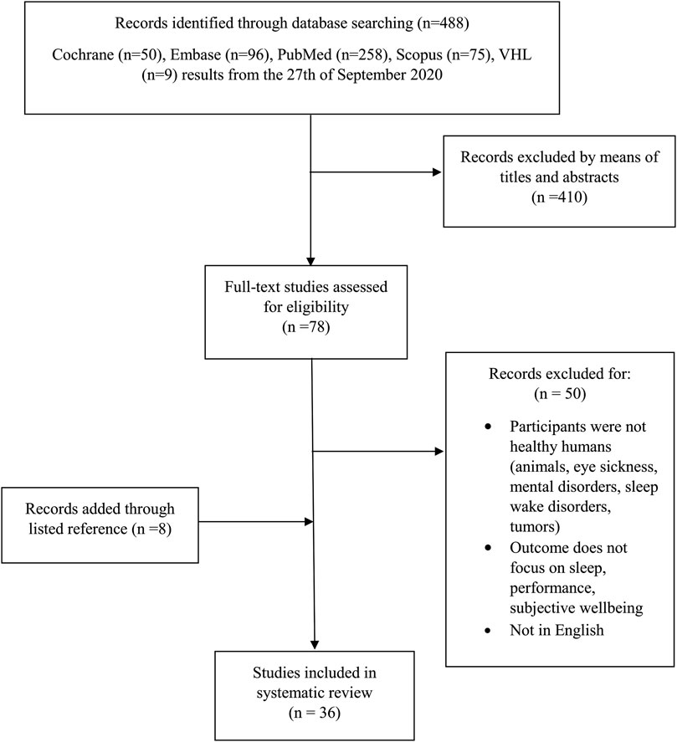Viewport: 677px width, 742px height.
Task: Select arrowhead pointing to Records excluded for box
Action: tap(439, 453)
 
